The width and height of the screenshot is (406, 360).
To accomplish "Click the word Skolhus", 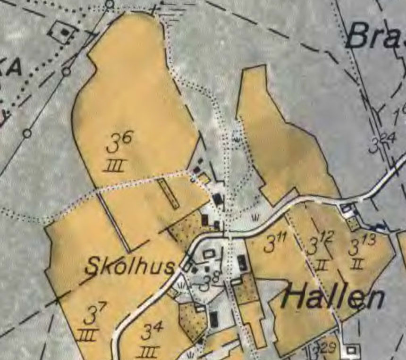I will (x=129, y=267).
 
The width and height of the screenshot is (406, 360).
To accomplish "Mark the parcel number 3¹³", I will (x=362, y=245).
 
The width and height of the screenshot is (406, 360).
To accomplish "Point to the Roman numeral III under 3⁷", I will (x=88, y=335).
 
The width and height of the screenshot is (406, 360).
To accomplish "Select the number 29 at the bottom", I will (x=329, y=348).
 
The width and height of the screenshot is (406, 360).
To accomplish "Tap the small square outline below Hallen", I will (x=351, y=350).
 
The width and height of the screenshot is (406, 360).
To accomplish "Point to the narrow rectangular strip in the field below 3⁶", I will (x=169, y=193).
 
